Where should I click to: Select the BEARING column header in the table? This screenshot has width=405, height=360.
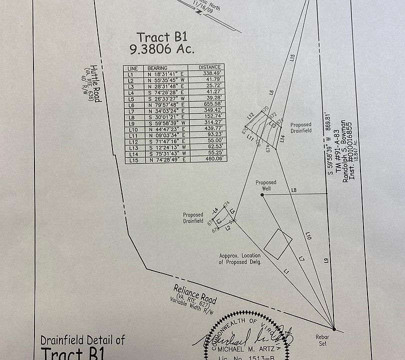coord(157,68)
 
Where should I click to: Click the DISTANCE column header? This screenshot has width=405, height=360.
coord(209,67)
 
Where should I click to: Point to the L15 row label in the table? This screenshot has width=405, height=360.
coord(132,160)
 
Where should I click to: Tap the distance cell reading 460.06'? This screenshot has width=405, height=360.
coord(212,160)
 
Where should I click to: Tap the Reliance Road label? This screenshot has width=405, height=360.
coord(195,293)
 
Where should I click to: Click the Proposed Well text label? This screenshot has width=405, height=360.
coord(266,182)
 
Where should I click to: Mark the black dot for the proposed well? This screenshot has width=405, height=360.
coord(262,194)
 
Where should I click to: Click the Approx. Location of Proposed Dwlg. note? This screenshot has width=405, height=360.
coord(240,258)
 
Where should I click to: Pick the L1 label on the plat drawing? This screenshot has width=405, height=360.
coord(286,271)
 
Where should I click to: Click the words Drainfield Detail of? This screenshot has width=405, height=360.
coord(82,340)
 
